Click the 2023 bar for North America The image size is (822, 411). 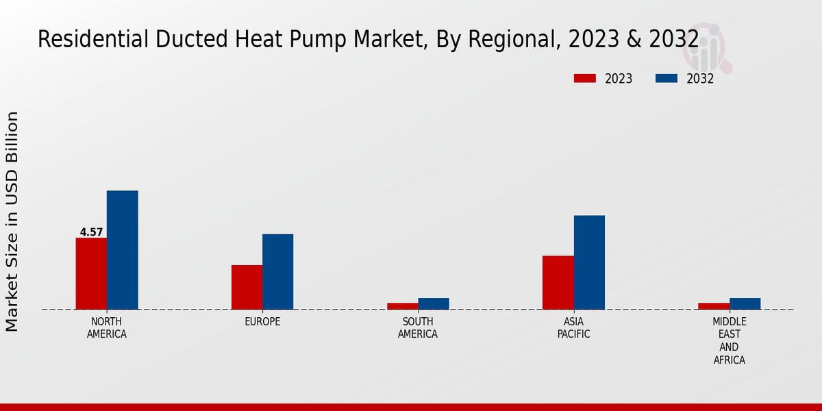pyautogui.click(x=91, y=273)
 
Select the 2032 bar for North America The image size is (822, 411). pyautogui.click(x=122, y=250)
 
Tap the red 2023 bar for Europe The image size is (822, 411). pyautogui.click(x=247, y=287)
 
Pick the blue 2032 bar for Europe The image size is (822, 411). pyautogui.click(x=277, y=272)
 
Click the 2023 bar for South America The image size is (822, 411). pyautogui.click(x=402, y=306)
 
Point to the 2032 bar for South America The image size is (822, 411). pyautogui.click(x=434, y=303)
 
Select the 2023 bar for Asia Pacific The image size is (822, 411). pyautogui.click(x=558, y=282)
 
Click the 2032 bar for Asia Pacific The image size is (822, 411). pyautogui.click(x=589, y=262)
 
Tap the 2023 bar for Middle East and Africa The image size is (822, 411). pyautogui.click(x=714, y=306)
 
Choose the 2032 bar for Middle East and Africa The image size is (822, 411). pyautogui.click(x=745, y=303)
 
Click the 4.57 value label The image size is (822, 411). pyautogui.click(x=91, y=232)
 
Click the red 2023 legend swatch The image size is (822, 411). pyautogui.click(x=584, y=78)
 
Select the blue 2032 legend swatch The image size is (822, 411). pyautogui.click(x=667, y=78)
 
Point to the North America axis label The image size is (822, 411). pyautogui.click(x=107, y=328)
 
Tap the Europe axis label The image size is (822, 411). pyautogui.click(x=262, y=322)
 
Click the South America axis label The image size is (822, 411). pyautogui.click(x=418, y=328)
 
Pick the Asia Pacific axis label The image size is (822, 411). pyautogui.click(x=573, y=328)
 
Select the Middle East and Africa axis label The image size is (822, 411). pyautogui.click(x=730, y=340)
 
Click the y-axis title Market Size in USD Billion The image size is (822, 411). pyautogui.click(x=12, y=221)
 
